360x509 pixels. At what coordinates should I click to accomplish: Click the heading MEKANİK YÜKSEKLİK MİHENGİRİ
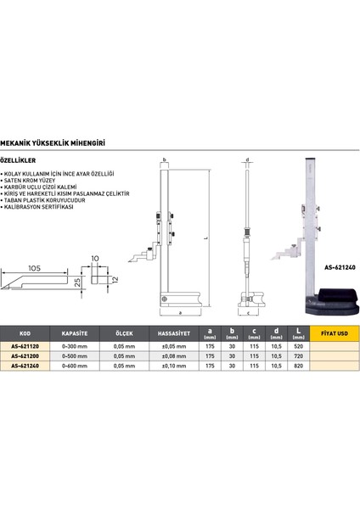click(x=68, y=145)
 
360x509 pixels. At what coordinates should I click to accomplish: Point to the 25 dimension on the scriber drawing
click(x=76, y=282)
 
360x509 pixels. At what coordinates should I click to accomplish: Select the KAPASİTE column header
click(x=78, y=333)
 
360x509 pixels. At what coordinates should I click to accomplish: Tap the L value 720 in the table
click(x=295, y=356)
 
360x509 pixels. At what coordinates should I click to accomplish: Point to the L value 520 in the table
click(x=295, y=347)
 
